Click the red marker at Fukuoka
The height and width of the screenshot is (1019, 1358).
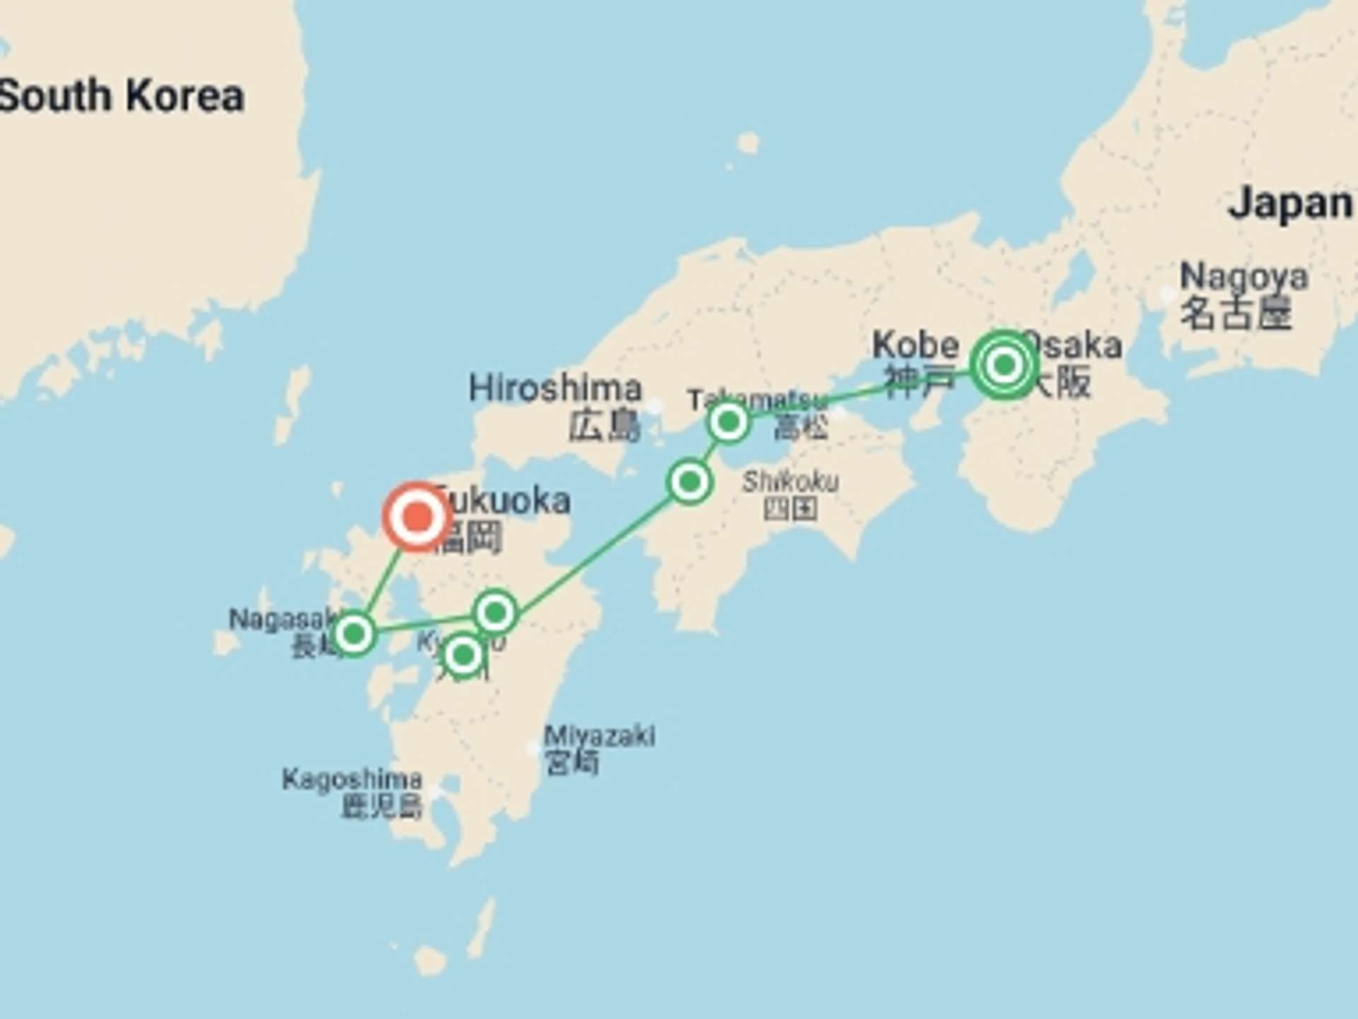[417, 517]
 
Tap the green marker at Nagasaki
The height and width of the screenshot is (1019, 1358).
[354, 633]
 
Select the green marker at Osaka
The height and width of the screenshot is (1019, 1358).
[1004, 365]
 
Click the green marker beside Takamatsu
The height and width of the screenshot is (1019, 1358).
[729, 422]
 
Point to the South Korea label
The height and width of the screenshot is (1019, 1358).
[122, 96]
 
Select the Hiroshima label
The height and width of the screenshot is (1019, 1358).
[555, 388]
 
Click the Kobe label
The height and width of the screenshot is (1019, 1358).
[915, 345]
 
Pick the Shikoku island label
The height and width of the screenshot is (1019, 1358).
[791, 482]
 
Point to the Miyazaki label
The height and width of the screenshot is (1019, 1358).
[599, 736]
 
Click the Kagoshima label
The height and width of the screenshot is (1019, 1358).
[352, 779]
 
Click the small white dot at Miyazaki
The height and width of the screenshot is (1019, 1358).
[533, 747]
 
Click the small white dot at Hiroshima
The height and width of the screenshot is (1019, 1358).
[655, 406]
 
